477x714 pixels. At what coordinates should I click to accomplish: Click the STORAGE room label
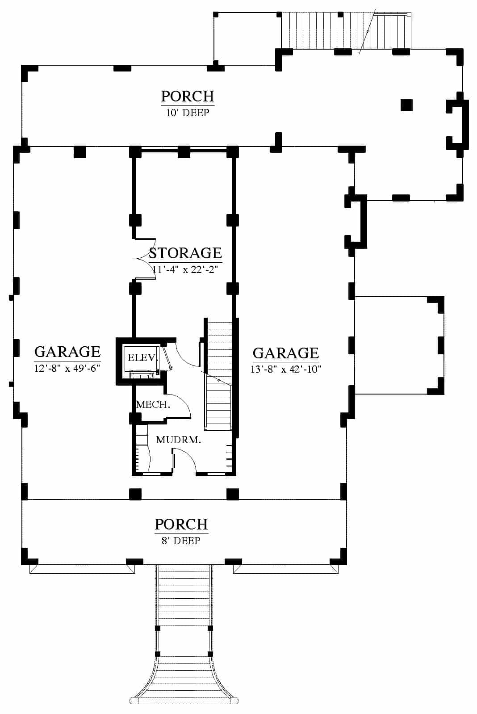[x=185, y=253]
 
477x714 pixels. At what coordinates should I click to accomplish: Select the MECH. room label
[x=153, y=405]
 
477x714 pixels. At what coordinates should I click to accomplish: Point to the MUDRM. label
[x=179, y=440]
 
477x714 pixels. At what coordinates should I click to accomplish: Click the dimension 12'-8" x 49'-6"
[x=67, y=369]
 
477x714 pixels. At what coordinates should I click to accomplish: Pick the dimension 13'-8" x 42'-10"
[x=286, y=369]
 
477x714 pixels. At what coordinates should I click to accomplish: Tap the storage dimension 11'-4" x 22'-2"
[x=185, y=270]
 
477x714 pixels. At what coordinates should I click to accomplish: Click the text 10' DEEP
[x=188, y=113]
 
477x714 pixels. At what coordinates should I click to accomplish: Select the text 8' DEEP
[x=181, y=541]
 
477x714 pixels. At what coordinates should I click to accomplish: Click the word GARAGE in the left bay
[x=67, y=352]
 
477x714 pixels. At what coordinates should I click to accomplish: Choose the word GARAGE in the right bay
[x=286, y=353]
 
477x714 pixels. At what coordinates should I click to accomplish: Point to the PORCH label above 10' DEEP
[x=187, y=96]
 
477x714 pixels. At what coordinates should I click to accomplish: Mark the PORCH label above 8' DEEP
[x=181, y=525]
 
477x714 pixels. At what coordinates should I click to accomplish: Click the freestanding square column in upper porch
[x=406, y=105]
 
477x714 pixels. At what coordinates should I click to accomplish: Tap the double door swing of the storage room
[x=144, y=259]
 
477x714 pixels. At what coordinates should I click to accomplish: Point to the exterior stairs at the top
[x=346, y=30]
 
